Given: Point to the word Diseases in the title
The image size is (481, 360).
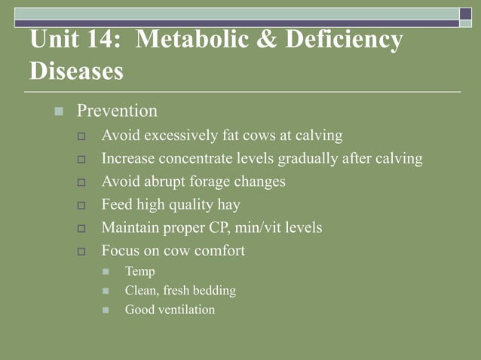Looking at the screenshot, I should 77,72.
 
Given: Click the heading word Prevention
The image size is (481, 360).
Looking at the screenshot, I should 117,111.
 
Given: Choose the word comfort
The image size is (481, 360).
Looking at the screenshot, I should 219,251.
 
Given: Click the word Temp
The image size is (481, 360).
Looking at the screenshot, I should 140,271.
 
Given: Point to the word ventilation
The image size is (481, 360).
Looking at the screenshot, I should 185,310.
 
